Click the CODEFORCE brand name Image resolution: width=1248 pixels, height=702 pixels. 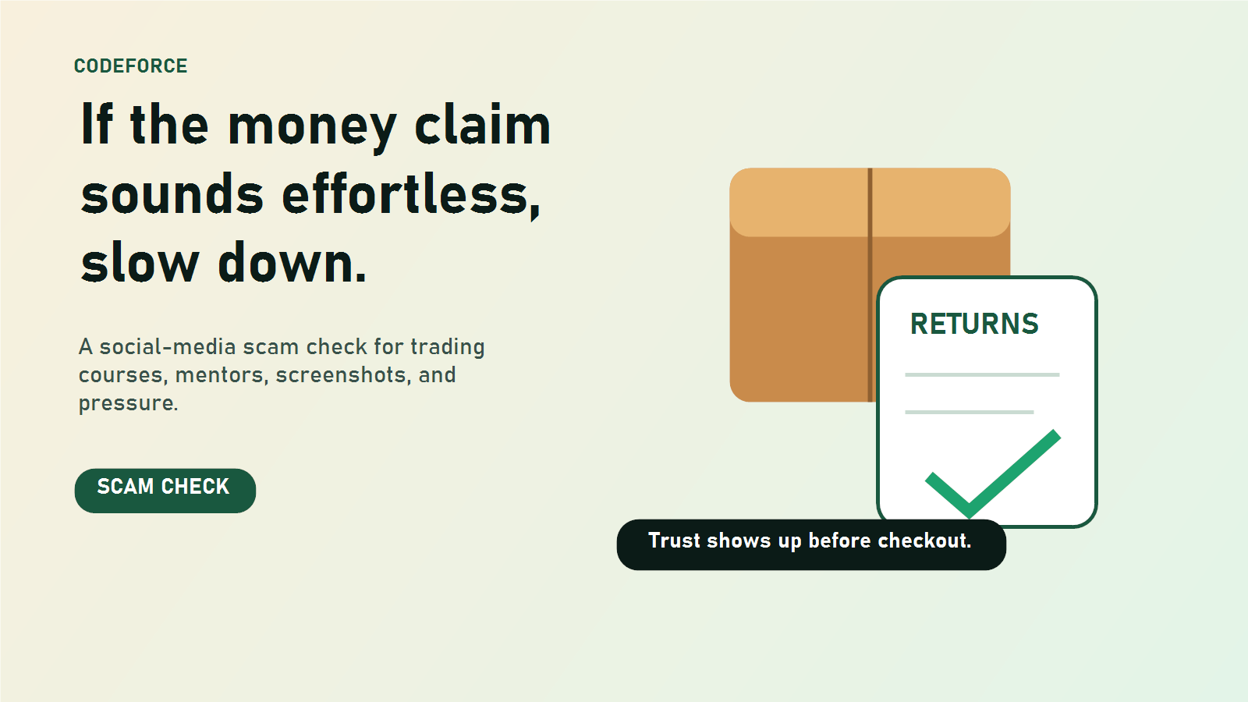[130, 66]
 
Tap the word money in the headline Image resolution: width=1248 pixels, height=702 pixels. [312, 128]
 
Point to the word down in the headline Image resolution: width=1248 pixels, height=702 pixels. [292, 262]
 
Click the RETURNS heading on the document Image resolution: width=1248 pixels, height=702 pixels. [974, 324]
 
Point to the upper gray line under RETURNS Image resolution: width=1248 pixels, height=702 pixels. [982, 375]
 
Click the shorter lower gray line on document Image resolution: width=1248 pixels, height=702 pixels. [970, 413]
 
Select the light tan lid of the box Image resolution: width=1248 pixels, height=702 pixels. [870, 202]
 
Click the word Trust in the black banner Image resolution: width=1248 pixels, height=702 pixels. [674, 541]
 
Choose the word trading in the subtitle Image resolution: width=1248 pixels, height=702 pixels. [448, 348]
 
